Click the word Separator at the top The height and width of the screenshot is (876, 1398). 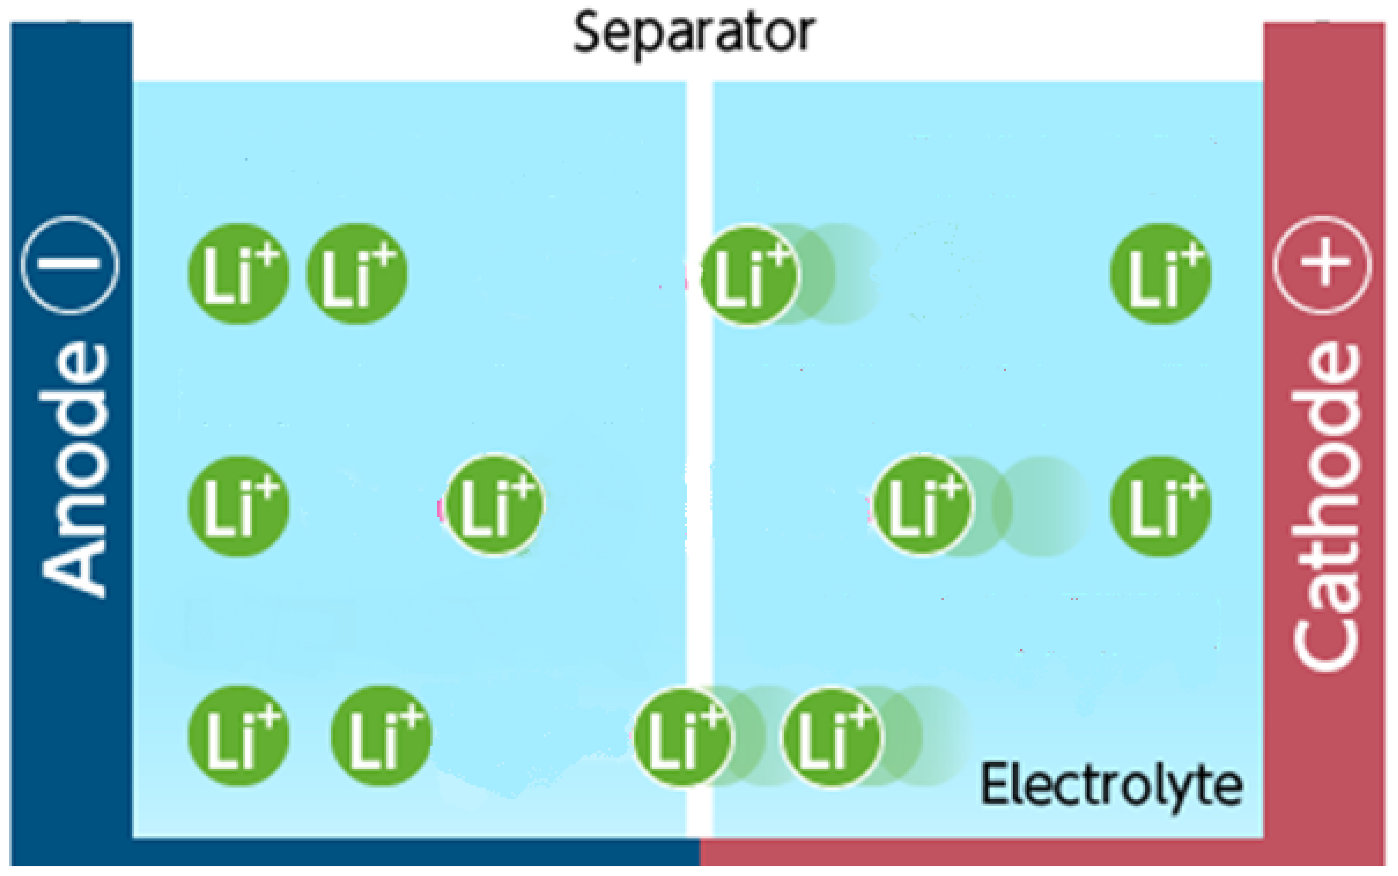(694, 33)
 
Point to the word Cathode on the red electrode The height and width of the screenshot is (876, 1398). (1325, 507)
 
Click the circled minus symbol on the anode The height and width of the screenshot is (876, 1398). (70, 265)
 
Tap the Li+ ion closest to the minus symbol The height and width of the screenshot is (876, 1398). (238, 274)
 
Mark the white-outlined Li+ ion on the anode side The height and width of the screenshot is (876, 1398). (494, 505)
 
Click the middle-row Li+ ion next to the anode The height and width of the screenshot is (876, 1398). (238, 506)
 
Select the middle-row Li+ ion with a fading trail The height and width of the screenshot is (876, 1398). (922, 505)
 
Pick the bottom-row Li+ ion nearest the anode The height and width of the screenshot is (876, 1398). (238, 736)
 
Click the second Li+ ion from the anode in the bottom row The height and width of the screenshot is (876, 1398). (381, 736)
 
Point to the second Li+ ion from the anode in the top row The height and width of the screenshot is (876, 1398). (356, 274)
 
